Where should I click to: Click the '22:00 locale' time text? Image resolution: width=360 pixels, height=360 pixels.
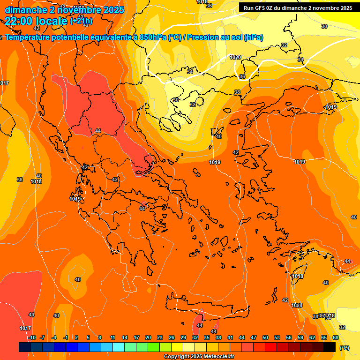click(x=36, y=21)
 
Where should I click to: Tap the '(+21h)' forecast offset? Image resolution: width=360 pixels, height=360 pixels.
click(x=81, y=21)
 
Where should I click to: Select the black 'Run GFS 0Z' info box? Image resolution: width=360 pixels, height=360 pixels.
click(x=298, y=8)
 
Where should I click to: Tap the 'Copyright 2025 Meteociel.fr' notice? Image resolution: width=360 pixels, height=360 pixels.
click(x=199, y=357)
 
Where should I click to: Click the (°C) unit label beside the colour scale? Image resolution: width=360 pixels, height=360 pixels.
click(x=344, y=347)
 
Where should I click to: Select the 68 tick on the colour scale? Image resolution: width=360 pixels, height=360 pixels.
click(x=336, y=337)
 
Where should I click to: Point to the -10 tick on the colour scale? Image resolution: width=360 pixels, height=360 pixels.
click(x=31, y=337)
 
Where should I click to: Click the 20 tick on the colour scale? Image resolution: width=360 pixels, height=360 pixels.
click(x=148, y=337)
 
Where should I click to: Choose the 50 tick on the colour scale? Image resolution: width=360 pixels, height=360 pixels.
click(x=265, y=337)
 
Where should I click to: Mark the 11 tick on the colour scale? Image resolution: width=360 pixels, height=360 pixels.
click(x=113, y=337)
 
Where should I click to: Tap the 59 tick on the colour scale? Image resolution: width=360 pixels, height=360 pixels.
click(x=300, y=337)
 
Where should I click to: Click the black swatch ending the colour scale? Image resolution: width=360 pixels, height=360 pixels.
click(x=330, y=347)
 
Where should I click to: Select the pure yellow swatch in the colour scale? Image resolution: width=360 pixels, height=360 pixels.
click(x=177, y=347)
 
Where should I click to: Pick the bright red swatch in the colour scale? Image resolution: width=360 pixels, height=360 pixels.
click(x=271, y=347)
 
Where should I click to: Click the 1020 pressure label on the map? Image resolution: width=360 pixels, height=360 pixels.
click(x=235, y=57)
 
